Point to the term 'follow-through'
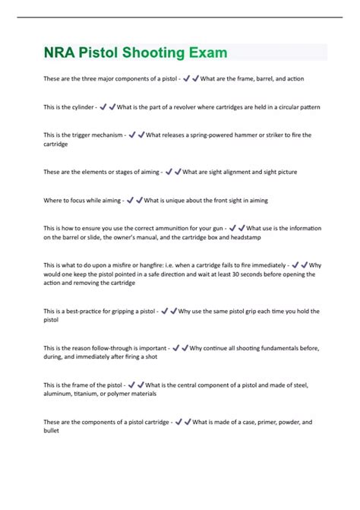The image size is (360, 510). click(114, 348)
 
